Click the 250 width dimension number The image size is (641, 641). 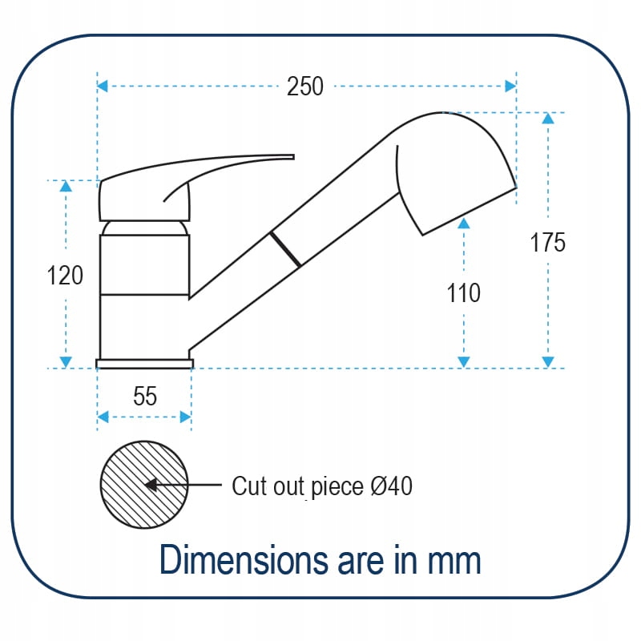[305, 87]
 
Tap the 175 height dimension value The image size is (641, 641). [548, 242]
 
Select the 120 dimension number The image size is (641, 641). [65, 275]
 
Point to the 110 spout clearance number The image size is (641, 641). [463, 292]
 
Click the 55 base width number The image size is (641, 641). [145, 396]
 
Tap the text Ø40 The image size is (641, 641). [391, 486]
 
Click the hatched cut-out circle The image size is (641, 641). [144, 485]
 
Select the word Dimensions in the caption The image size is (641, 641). [244, 559]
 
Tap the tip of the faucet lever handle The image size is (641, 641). [293, 157]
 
